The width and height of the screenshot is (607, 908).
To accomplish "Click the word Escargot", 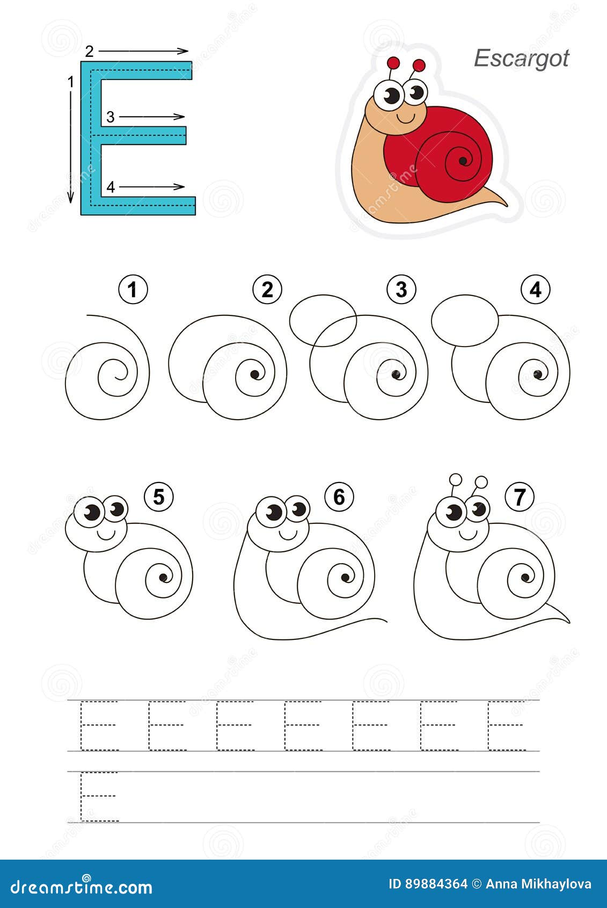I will click(521, 59).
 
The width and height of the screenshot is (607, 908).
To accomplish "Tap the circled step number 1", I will click(133, 290).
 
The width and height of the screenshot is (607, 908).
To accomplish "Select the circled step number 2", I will click(267, 290).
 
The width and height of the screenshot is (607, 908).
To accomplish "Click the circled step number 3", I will click(401, 290).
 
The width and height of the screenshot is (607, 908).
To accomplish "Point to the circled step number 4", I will click(535, 290).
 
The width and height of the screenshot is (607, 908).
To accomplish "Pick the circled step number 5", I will click(158, 497).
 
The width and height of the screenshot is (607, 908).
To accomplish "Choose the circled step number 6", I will click(339, 497).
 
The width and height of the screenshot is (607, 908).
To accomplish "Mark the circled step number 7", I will click(519, 497).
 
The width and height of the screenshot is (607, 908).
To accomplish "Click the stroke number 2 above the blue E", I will click(89, 52).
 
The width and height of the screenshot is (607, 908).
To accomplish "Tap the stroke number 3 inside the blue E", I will click(110, 117).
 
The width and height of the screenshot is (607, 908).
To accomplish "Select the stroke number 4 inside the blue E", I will click(110, 187).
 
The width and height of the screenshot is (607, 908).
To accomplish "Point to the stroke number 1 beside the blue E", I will click(70, 82).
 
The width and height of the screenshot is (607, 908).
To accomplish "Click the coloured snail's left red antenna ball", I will click(393, 62).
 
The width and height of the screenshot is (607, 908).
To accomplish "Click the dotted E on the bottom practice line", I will click(99, 796).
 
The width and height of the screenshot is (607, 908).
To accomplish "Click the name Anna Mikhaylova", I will click(538, 884).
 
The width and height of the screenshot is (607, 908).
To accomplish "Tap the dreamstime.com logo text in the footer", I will click(82, 886).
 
